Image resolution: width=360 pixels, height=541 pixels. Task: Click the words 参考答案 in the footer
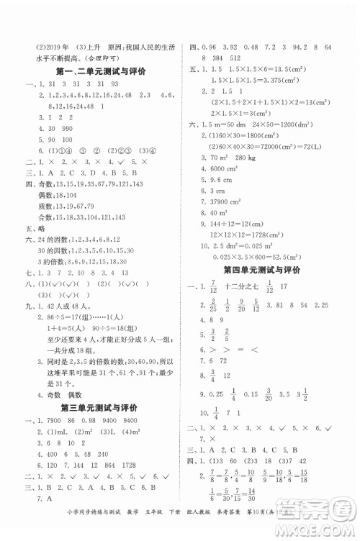pos(267,533)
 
